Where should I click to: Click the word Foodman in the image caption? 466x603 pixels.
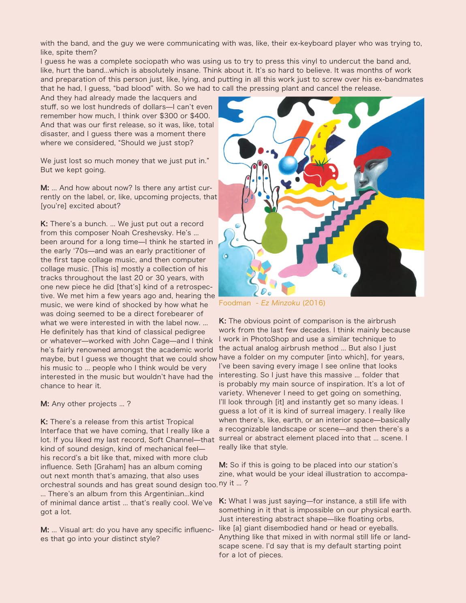(235, 303)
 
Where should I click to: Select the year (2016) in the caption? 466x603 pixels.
(314, 303)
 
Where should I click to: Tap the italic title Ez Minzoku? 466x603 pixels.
(280, 303)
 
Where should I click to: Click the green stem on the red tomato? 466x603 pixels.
(320, 163)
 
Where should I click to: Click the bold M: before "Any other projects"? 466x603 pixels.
(45, 404)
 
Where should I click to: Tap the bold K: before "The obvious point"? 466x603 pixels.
(222, 321)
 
